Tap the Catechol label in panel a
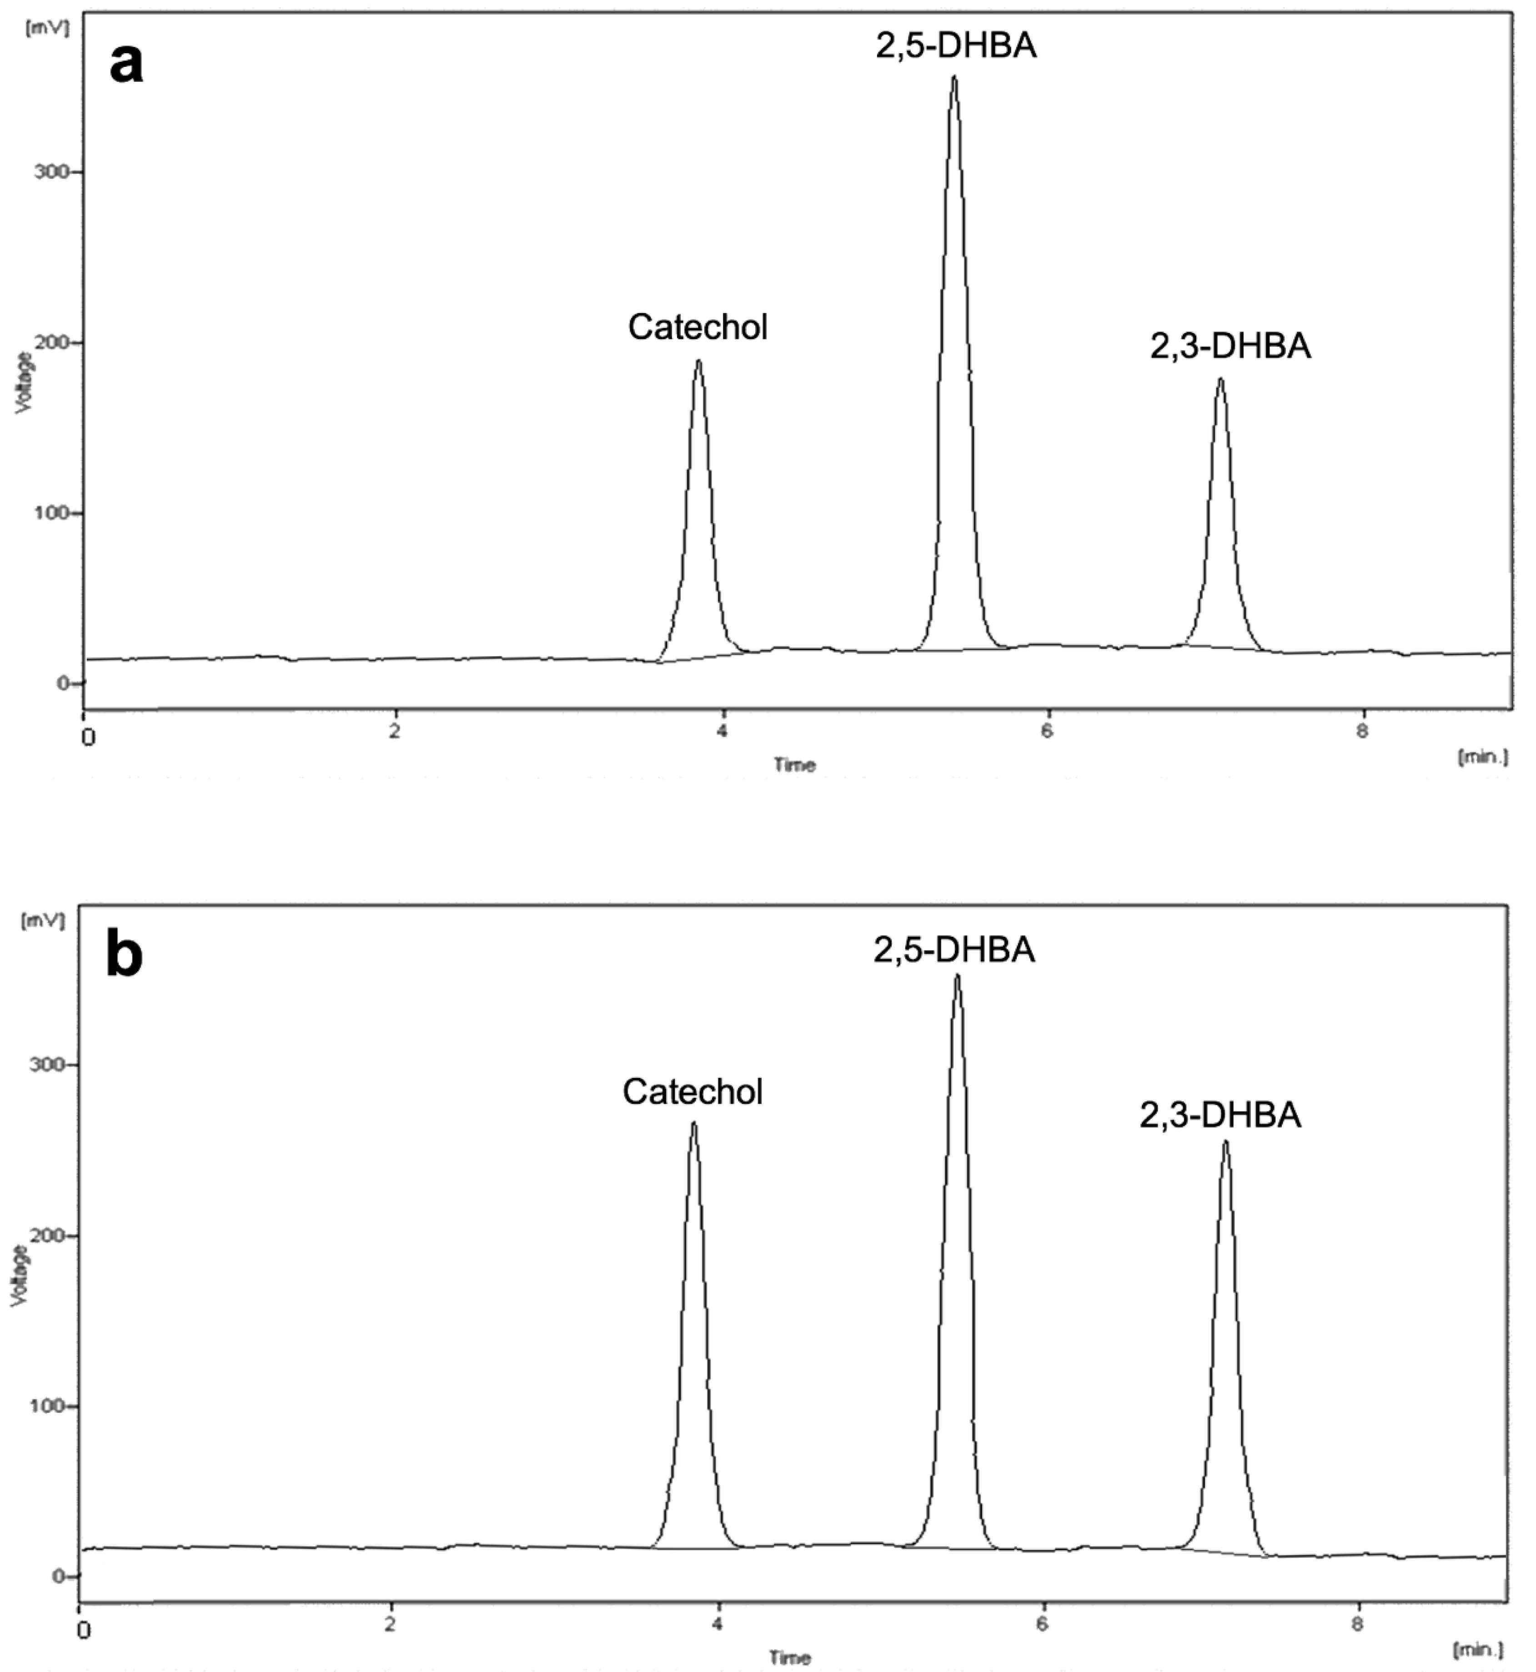click(698, 327)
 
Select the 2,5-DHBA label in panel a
click(956, 46)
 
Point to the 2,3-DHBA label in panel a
click(1230, 346)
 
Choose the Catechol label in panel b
click(693, 1091)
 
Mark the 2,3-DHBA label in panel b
click(1220, 1115)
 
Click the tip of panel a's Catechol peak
click(698, 361)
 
